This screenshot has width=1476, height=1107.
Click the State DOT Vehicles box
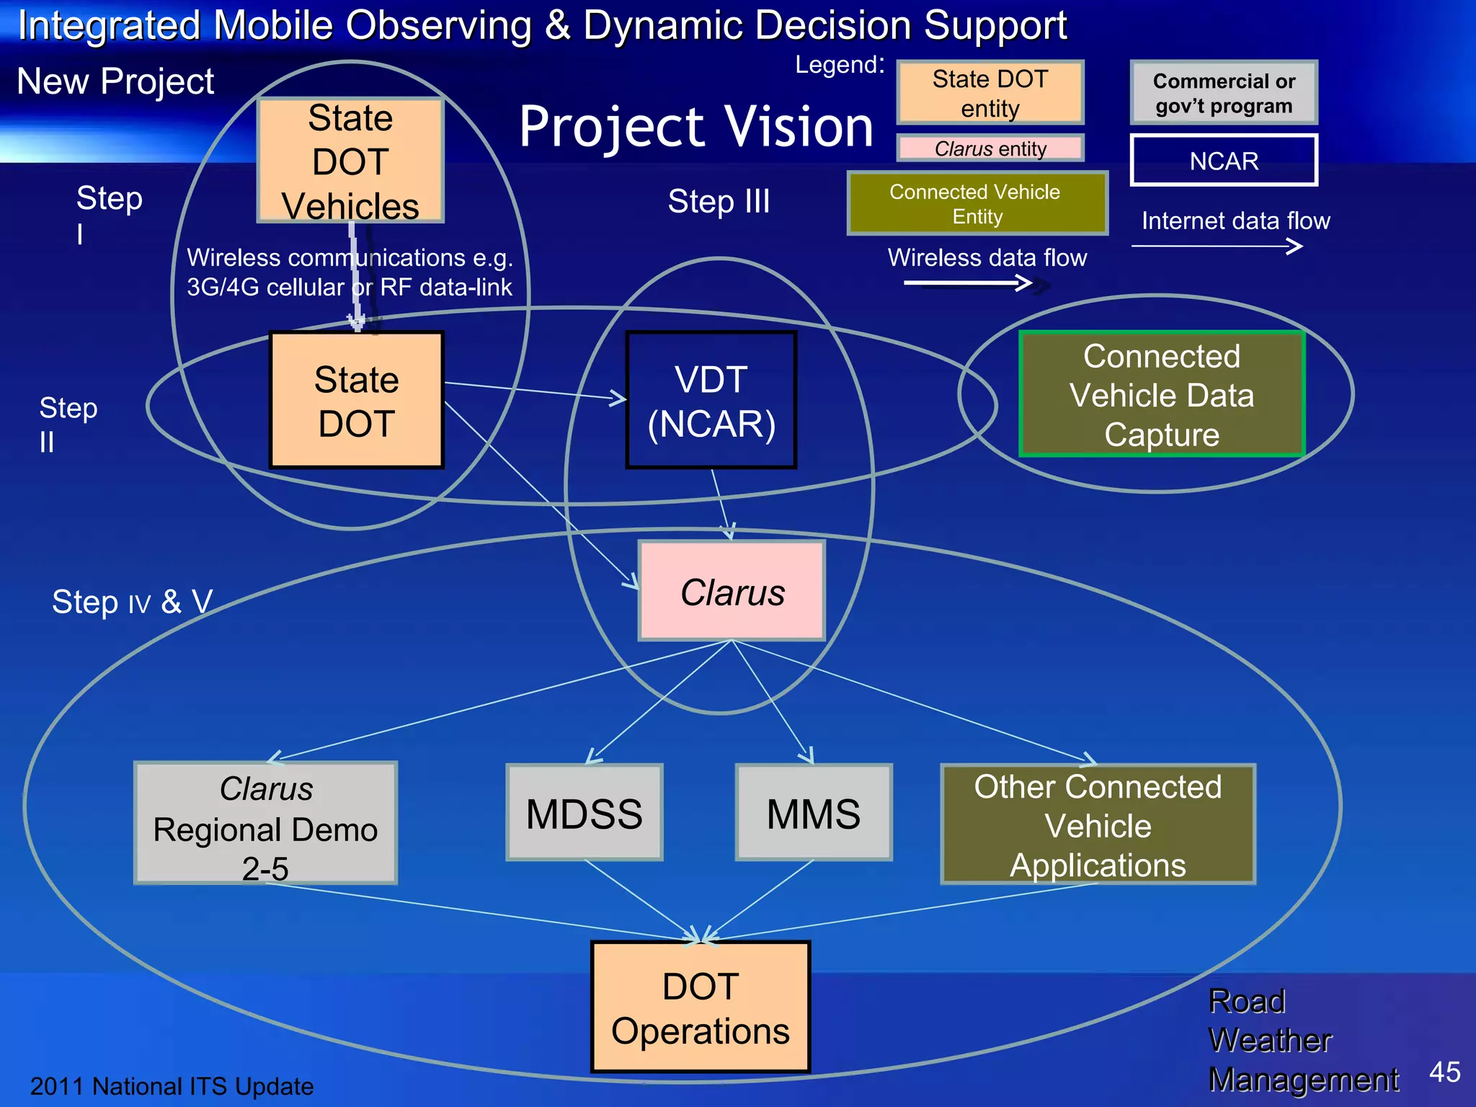(x=350, y=160)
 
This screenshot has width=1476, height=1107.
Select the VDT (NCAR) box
(x=711, y=400)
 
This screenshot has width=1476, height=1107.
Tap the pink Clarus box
(x=732, y=591)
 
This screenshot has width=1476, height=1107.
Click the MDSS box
(x=584, y=812)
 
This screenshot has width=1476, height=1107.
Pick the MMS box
(x=814, y=812)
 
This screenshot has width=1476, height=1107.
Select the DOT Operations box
(x=701, y=1007)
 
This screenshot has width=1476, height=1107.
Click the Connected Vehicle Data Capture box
(x=1162, y=394)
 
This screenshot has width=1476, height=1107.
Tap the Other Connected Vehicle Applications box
(x=1098, y=824)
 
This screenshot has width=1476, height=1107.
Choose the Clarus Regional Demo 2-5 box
(x=265, y=823)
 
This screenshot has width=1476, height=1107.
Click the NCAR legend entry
(x=1224, y=160)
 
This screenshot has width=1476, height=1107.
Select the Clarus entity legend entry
(x=990, y=148)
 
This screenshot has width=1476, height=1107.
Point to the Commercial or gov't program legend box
(x=1224, y=92)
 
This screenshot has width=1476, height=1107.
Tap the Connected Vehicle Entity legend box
(x=977, y=203)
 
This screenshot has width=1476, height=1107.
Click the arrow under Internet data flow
(x=1218, y=246)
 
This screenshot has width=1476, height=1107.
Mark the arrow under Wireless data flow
(x=969, y=283)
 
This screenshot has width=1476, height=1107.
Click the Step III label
(x=719, y=200)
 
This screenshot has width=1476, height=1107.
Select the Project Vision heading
(x=695, y=126)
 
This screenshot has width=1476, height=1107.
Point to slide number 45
(x=1444, y=1072)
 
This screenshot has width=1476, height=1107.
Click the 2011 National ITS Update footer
(x=172, y=1085)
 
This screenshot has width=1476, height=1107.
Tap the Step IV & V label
(x=132, y=601)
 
